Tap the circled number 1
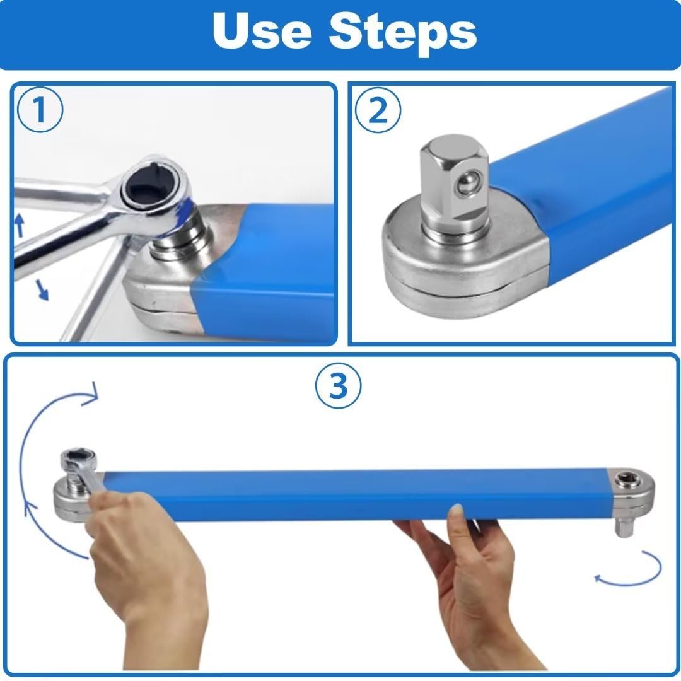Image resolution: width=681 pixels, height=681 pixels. pyautogui.click(x=39, y=111)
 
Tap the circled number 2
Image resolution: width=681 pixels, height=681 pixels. pyautogui.click(x=378, y=112)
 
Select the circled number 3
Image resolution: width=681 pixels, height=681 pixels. pyautogui.click(x=339, y=385)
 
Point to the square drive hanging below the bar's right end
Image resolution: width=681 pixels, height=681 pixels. pyautogui.click(x=624, y=525)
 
